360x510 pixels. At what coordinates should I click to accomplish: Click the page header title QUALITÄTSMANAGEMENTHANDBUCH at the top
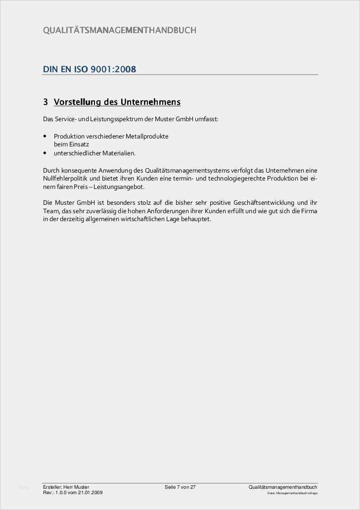(x=120, y=31)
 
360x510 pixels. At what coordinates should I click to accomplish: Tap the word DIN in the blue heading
(x=50, y=69)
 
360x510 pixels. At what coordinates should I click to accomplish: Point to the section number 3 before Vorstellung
(x=45, y=102)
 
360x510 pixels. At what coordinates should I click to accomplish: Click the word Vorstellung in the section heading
(x=77, y=102)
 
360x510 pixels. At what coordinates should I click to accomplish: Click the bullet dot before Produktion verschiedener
(x=45, y=136)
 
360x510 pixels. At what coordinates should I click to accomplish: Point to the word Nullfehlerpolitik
(x=67, y=179)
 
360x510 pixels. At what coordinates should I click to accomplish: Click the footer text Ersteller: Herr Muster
(x=66, y=487)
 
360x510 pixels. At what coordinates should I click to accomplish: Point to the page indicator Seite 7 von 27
(x=180, y=487)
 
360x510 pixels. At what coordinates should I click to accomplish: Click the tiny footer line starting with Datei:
(x=292, y=493)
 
